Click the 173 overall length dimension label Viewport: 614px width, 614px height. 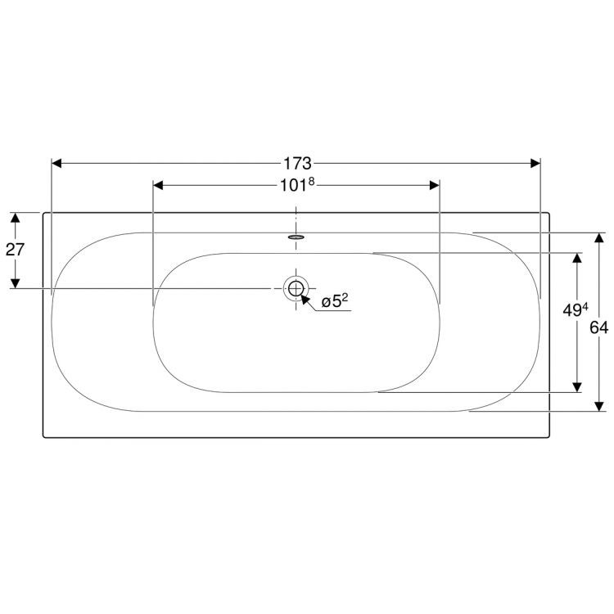tap(296, 163)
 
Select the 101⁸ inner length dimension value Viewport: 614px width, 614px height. tap(297, 185)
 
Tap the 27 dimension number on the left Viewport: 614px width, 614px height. tap(15, 250)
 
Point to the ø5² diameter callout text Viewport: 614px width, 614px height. tap(335, 302)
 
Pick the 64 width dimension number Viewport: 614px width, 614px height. tap(599, 327)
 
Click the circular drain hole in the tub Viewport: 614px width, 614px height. tap(296, 288)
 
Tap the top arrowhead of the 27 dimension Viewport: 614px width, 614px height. tap(15, 218)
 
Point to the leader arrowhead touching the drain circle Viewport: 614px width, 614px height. tap(306, 298)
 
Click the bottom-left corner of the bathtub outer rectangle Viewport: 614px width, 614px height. tap(43, 436)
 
